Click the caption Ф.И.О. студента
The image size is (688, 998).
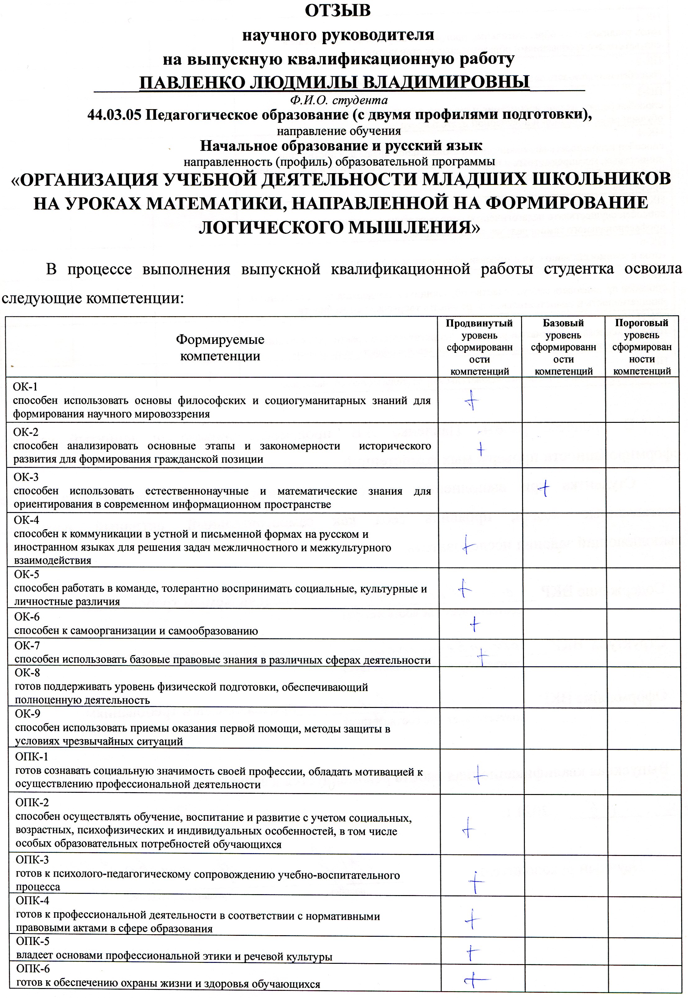(338, 100)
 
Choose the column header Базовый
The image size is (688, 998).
(563, 323)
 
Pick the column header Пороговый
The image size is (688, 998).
(641, 323)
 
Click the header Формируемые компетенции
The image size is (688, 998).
(220, 348)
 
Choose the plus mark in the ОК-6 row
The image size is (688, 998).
(475, 624)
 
